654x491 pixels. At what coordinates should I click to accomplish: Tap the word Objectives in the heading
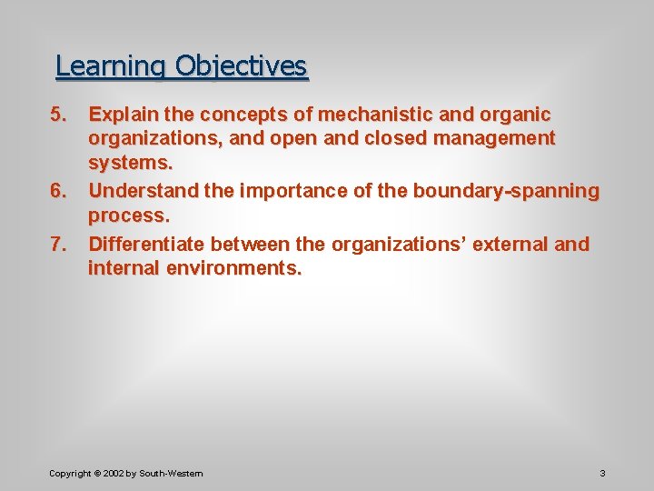(x=242, y=66)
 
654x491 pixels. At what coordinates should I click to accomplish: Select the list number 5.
(x=58, y=115)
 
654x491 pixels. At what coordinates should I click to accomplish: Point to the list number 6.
(x=58, y=191)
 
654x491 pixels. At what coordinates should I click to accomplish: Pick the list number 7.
(x=58, y=245)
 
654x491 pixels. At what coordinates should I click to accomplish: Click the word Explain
(x=122, y=115)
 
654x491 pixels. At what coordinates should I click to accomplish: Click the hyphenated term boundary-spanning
(x=506, y=191)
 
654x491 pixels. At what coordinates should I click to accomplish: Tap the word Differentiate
(x=146, y=245)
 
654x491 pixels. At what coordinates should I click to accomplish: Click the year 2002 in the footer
(x=114, y=473)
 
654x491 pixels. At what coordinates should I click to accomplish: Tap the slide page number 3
(x=602, y=473)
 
